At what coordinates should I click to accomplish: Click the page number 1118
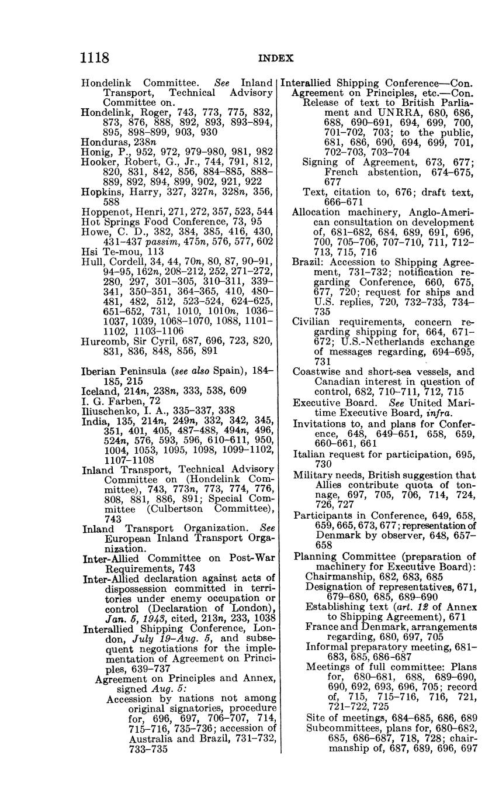(95, 58)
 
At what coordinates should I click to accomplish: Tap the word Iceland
(99, 391)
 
